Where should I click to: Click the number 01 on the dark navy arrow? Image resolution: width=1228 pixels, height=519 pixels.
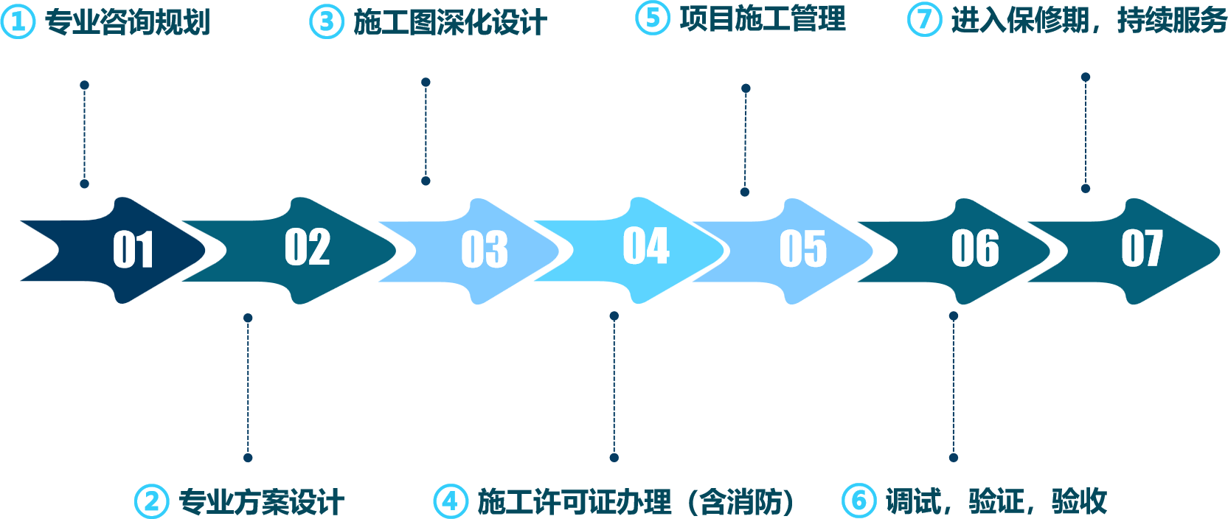(x=133, y=249)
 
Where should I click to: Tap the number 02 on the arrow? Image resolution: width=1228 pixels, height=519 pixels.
(x=308, y=247)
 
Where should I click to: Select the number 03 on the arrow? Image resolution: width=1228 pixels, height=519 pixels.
(x=485, y=249)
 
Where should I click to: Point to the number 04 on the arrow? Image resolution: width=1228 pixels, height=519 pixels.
(x=646, y=245)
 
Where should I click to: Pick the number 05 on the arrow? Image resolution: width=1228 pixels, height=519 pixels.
(x=803, y=249)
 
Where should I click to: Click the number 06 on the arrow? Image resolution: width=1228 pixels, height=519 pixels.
(x=975, y=248)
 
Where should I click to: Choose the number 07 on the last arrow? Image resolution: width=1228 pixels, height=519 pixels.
(x=1142, y=248)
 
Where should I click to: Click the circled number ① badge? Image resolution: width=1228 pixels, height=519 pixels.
(x=18, y=22)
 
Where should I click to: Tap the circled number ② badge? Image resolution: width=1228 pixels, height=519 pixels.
(x=151, y=501)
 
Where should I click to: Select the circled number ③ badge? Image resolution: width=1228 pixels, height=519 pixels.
(x=326, y=22)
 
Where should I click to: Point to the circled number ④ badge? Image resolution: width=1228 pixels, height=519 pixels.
(x=450, y=501)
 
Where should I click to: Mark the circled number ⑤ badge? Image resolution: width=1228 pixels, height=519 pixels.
(x=652, y=18)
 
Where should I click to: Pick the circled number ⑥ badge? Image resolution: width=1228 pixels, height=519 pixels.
(x=858, y=501)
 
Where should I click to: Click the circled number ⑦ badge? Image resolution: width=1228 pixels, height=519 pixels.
(x=923, y=19)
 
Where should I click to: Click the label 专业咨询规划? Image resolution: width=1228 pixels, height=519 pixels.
(x=128, y=22)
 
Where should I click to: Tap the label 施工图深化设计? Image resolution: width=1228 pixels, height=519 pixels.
(x=450, y=22)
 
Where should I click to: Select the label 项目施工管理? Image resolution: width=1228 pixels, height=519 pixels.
(x=763, y=19)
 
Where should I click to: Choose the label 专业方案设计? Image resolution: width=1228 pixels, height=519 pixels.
(x=261, y=502)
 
